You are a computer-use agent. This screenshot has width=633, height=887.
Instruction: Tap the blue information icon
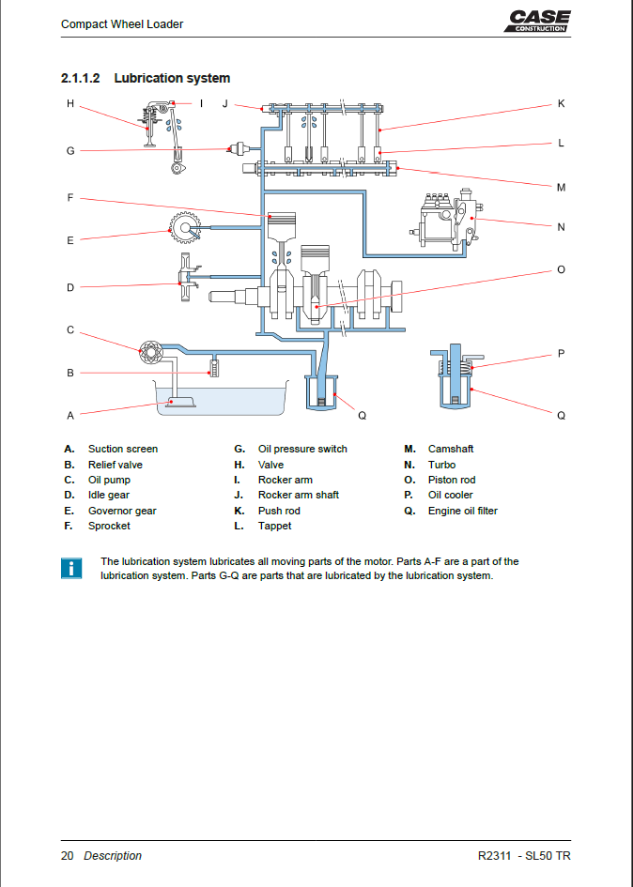click(x=70, y=568)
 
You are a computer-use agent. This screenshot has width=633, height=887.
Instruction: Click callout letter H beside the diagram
click(x=69, y=104)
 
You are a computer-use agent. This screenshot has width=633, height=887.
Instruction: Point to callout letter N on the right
click(x=561, y=227)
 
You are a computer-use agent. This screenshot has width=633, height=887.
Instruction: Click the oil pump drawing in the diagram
click(x=149, y=355)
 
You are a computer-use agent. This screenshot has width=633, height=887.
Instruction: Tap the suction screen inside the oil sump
click(x=178, y=402)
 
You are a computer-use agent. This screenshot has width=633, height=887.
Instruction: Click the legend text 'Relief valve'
click(x=116, y=465)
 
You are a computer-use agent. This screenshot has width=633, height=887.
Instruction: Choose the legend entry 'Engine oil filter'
click(x=462, y=511)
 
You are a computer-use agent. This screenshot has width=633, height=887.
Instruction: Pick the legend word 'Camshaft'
click(x=451, y=449)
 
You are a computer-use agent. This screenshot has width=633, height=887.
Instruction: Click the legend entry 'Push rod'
click(x=279, y=511)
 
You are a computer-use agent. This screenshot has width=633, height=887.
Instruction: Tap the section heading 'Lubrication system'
click(x=172, y=78)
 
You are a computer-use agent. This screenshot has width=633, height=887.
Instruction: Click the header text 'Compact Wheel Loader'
click(x=122, y=24)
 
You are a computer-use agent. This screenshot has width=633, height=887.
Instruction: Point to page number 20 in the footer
click(x=68, y=855)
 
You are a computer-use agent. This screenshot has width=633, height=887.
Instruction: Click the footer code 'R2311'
click(x=495, y=855)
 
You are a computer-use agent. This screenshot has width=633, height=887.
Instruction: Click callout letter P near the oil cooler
click(x=561, y=354)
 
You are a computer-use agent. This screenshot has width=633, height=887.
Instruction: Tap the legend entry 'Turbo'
click(x=441, y=465)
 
